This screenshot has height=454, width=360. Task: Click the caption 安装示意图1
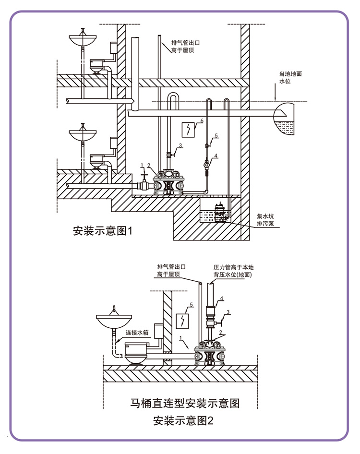pos(103,231)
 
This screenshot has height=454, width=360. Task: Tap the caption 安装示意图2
pos(183,420)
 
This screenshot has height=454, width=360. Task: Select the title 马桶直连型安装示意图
pos(185,403)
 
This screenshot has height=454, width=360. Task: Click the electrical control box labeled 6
pos(188,130)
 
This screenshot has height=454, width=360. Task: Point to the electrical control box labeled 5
pos(182,321)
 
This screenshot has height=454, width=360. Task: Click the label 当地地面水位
pos(290,78)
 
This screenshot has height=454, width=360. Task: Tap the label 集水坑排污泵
pos(265,220)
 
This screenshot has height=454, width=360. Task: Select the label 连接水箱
pos(137,333)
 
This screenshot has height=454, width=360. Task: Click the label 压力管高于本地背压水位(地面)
pos(233,271)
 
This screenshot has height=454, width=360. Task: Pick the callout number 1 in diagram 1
pos(142,165)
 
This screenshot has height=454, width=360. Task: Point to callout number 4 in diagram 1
pos(216,156)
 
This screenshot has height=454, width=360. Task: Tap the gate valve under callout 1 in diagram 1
pos(144,182)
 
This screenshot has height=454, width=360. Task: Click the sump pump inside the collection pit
pos(220,213)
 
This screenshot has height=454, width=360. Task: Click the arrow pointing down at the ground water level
pos(275,92)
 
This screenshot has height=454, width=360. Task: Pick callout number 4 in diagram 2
pos(222,298)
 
